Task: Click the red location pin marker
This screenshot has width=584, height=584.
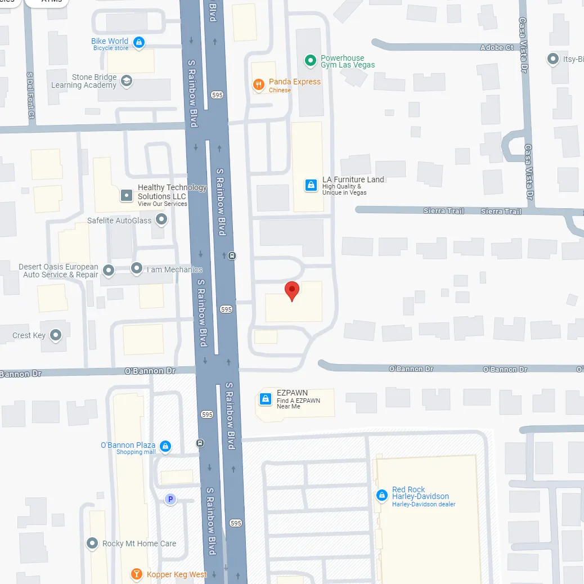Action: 292,290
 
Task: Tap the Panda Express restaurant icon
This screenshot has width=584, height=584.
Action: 259,85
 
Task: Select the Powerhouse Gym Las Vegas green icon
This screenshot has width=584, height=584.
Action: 309,60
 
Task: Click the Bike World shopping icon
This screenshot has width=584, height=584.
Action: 139,42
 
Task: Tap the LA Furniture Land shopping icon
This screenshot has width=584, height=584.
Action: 310,185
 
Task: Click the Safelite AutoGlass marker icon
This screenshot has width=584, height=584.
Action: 161,220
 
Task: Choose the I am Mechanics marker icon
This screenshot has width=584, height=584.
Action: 137,268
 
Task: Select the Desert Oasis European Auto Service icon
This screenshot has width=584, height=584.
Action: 109,271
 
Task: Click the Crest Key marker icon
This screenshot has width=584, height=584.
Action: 56,336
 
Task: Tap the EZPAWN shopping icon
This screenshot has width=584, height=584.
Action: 265,399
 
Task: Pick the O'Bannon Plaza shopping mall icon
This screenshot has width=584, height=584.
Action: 165,447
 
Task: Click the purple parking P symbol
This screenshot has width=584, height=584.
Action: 170,499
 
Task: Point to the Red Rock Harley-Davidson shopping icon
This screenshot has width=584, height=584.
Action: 382,496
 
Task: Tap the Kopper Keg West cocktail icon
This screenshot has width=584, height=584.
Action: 136,574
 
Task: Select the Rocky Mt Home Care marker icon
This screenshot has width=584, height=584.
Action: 92,543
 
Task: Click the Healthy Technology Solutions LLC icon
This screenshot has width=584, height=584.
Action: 127,195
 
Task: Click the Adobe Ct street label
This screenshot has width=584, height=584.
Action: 497,48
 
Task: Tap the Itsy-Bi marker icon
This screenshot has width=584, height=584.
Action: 552,59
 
